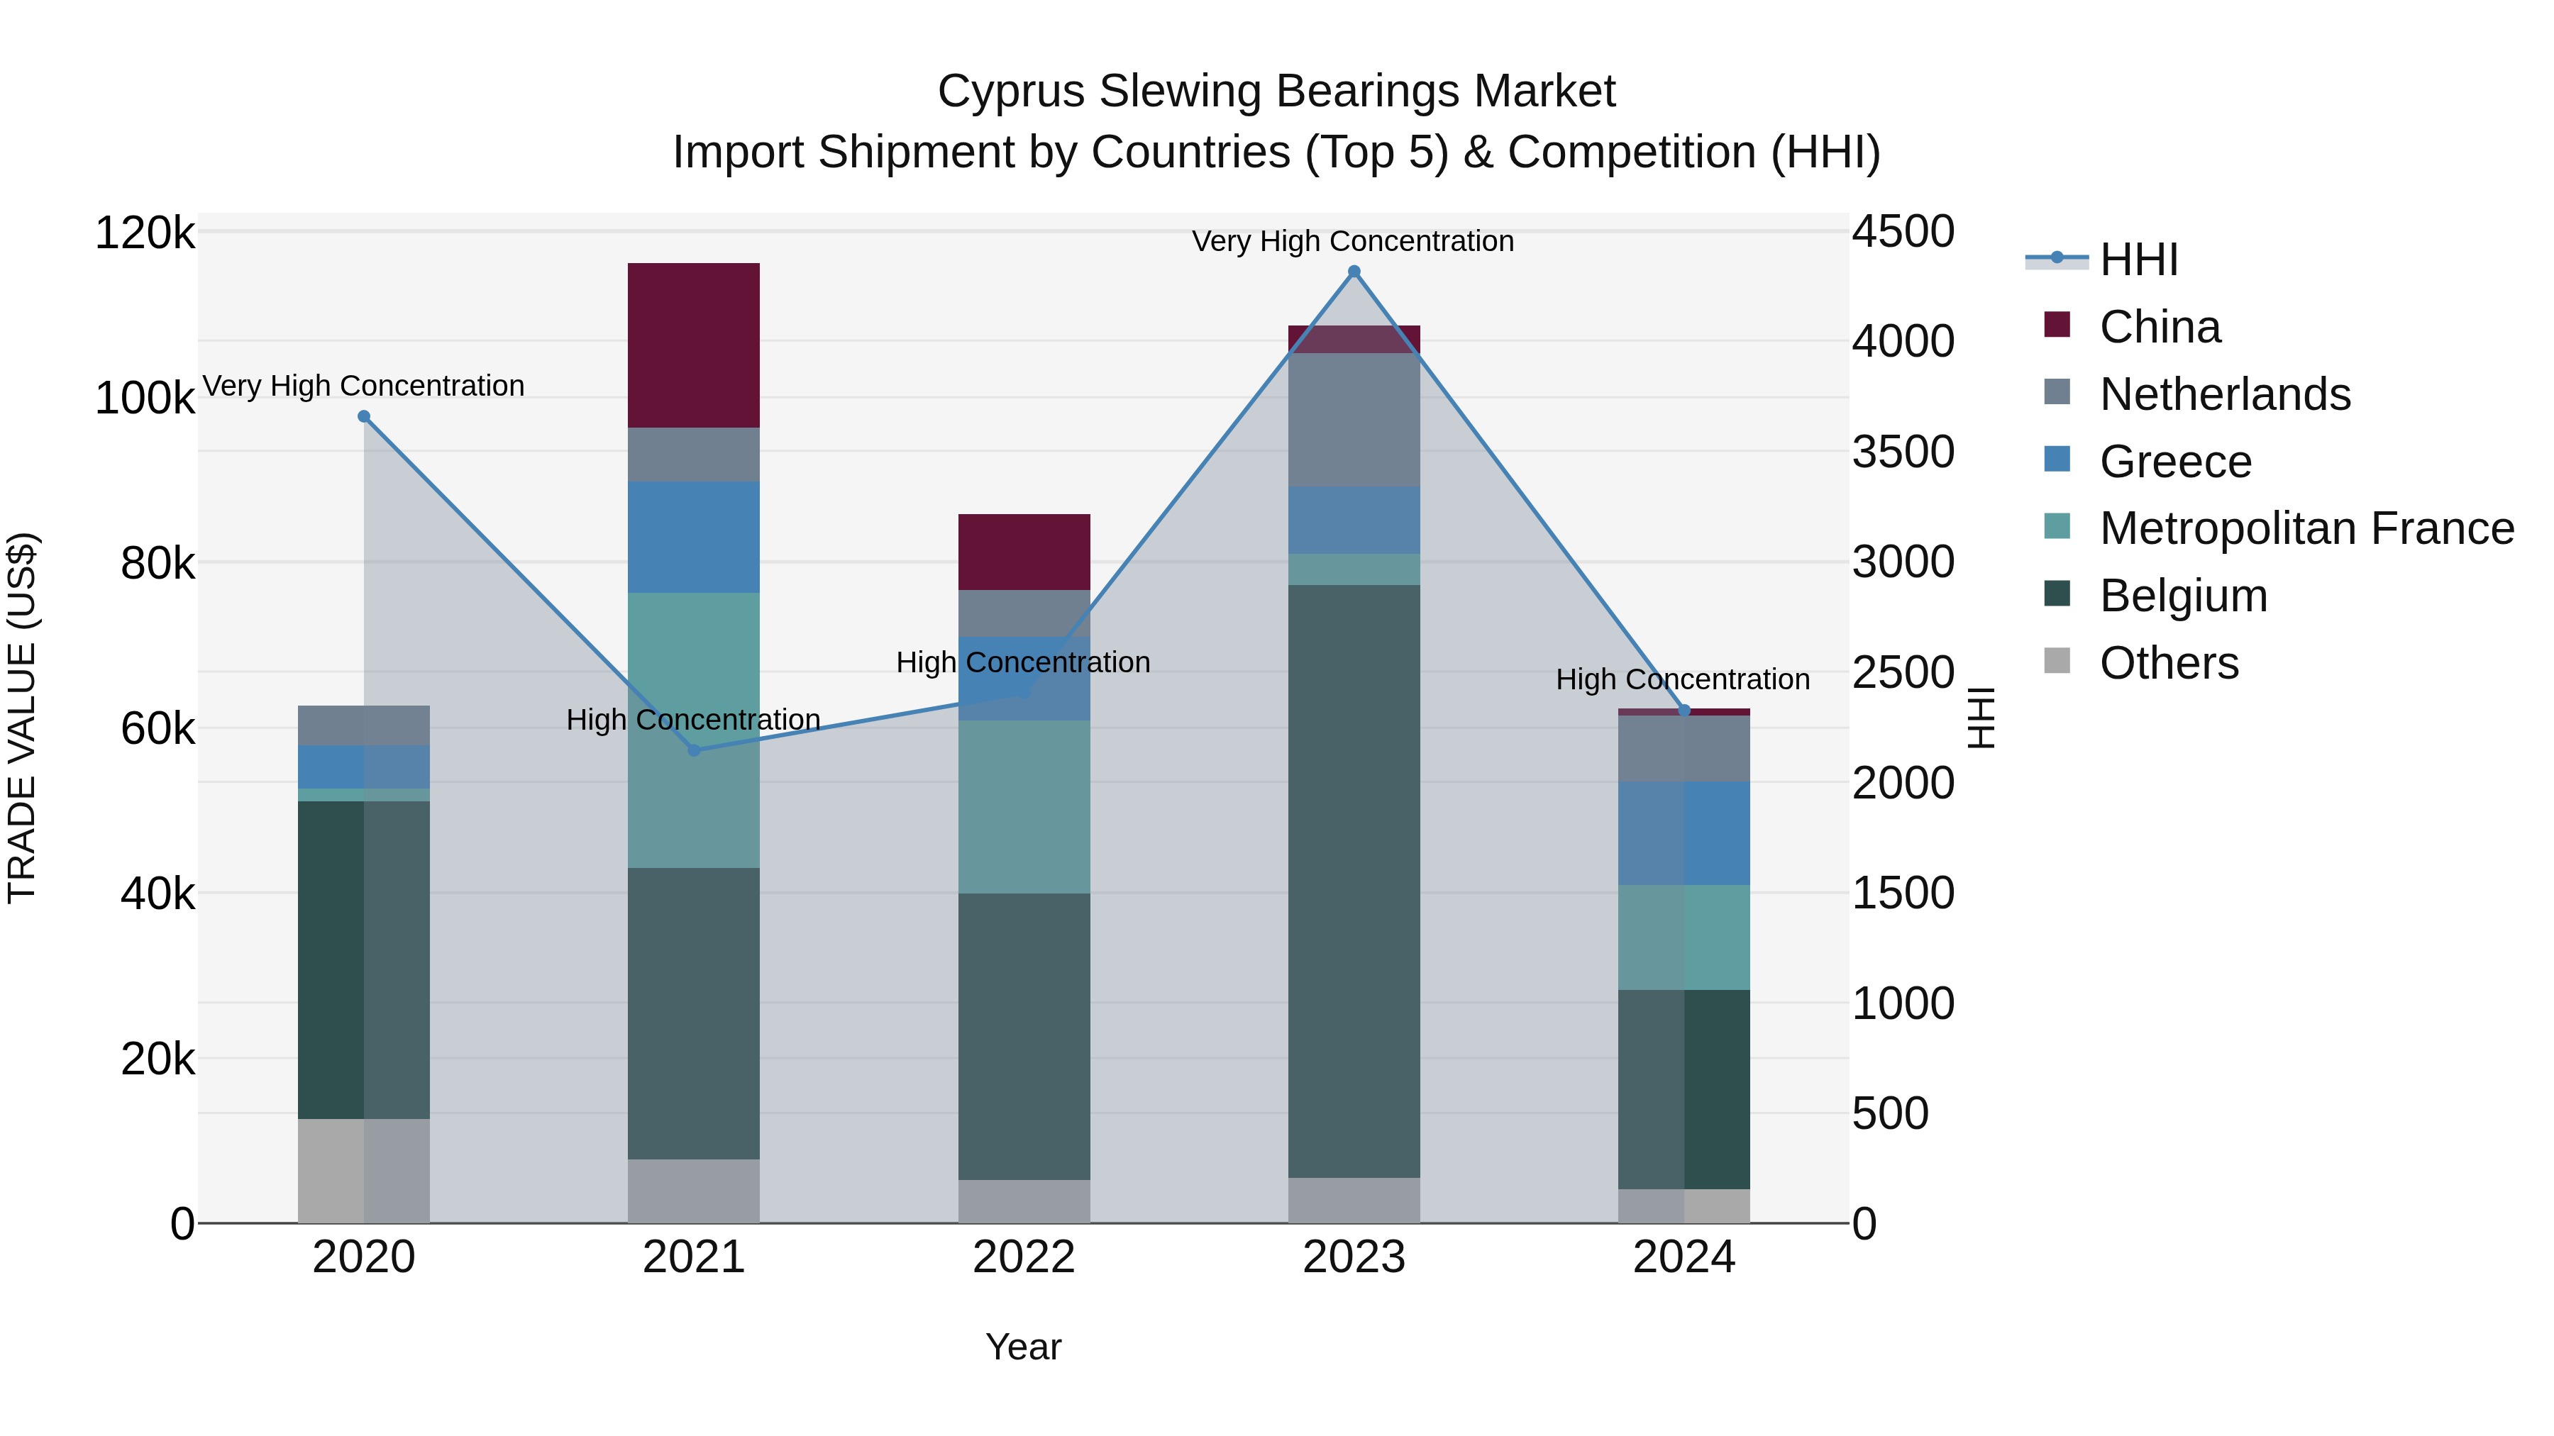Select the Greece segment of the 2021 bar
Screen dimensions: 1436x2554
click(693, 537)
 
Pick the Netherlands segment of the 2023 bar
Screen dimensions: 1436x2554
click(1354, 419)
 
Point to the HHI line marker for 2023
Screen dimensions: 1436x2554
click(1354, 272)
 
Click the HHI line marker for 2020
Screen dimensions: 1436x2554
click(364, 417)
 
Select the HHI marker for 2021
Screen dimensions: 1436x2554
click(694, 750)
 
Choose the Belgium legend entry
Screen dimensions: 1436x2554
click(2182, 596)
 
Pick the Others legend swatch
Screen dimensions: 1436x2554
click(2057, 661)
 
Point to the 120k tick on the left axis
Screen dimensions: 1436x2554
click(145, 234)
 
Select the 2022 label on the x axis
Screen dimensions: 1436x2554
click(1023, 1257)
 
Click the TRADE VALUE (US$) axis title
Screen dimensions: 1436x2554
click(22, 718)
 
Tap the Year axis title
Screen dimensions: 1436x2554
click(1023, 1347)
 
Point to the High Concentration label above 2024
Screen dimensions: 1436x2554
click(1683, 680)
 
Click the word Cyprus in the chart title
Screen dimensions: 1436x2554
click(1010, 91)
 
